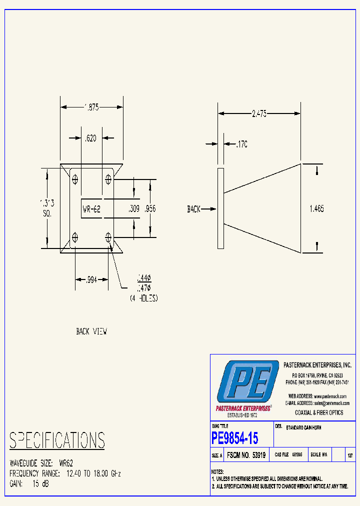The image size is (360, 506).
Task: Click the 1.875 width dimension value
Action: click(x=91, y=106)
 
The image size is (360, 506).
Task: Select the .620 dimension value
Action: click(x=90, y=138)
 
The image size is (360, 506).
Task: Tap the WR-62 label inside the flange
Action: click(x=92, y=209)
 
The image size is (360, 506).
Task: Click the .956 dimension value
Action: click(x=150, y=209)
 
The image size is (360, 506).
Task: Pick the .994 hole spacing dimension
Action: click(x=92, y=279)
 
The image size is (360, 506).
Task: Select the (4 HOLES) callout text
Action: click(x=144, y=298)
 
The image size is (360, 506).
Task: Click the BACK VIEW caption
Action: click(x=91, y=331)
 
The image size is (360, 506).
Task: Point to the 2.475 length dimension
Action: click(x=258, y=113)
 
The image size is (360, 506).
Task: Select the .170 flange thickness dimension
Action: click(x=242, y=144)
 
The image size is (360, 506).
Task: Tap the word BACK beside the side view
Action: click(x=194, y=209)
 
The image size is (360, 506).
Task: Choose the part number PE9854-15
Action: click(x=235, y=438)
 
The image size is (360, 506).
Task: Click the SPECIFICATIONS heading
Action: click(x=57, y=440)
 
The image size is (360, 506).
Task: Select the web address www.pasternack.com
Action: click(x=330, y=396)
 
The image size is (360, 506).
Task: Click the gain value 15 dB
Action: click(x=40, y=483)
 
